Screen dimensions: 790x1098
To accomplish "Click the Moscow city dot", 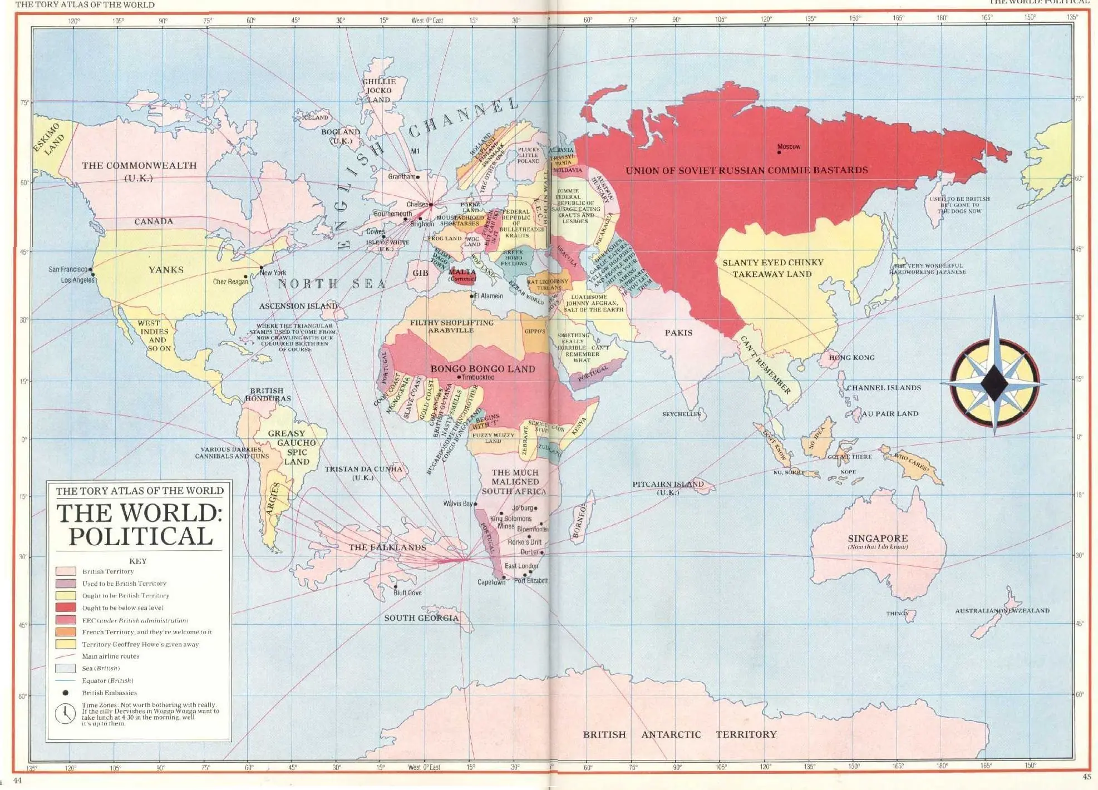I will pyautogui.click(x=779, y=152).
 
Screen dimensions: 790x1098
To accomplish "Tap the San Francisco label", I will pyautogui.click(x=68, y=269).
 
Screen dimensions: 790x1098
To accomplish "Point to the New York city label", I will pyautogui.click(x=273, y=273).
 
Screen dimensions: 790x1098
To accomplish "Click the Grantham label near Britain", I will pyautogui.click(x=401, y=176).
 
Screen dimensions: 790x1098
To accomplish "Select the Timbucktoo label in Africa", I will pyautogui.click(x=477, y=377).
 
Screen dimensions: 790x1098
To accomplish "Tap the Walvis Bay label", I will pyautogui.click(x=457, y=503).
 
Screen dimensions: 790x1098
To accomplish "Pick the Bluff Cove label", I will pyautogui.click(x=407, y=592).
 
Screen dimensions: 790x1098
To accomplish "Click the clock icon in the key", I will pyautogui.click(x=65, y=713).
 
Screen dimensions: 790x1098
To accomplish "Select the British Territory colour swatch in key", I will pyautogui.click(x=66, y=571).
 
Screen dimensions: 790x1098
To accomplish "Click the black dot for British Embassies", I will pyautogui.click(x=65, y=693).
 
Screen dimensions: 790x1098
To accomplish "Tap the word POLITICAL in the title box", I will pyautogui.click(x=140, y=536).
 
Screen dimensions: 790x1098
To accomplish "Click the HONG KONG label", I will pyautogui.click(x=851, y=357).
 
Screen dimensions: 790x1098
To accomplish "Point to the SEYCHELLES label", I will pyautogui.click(x=681, y=414).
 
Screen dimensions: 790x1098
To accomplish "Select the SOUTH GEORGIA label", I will pyautogui.click(x=421, y=618).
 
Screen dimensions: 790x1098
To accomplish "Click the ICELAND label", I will pyautogui.click(x=315, y=117).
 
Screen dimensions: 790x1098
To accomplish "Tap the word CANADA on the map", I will pyautogui.click(x=154, y=221).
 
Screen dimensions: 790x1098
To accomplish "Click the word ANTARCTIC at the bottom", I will pyautogui.click(x=671, y=734).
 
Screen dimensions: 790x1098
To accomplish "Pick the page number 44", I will pyautogui.click(x=17, y=781).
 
